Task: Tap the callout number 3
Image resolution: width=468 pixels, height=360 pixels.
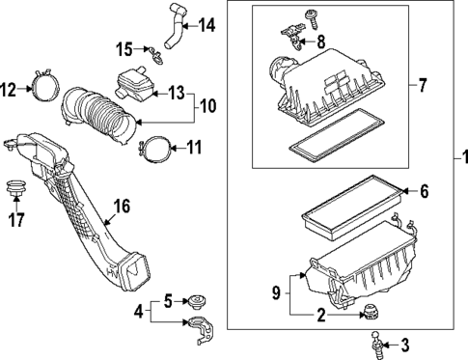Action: pyautogui.click(x=404, y=343)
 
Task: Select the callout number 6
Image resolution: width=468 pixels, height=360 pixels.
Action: pyautogui.click(x=423, y=191)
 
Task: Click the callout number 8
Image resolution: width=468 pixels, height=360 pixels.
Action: pyautogui.click(x=321, y=41)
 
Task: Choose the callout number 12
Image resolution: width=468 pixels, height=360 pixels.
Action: pyautogui.click(x=9, y=90)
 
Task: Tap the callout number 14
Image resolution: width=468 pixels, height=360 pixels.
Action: pyautogui.click(x=206, y=24)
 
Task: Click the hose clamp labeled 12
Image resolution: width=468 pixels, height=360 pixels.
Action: pyautogui.click(x=41, y=86)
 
